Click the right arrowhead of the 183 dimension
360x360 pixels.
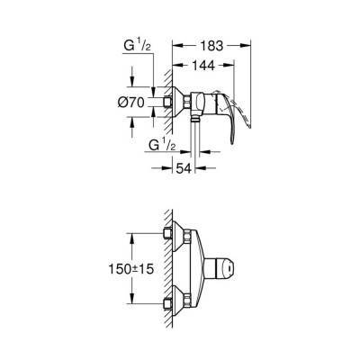point(249,42)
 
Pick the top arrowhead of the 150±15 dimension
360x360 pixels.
point(133,235)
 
